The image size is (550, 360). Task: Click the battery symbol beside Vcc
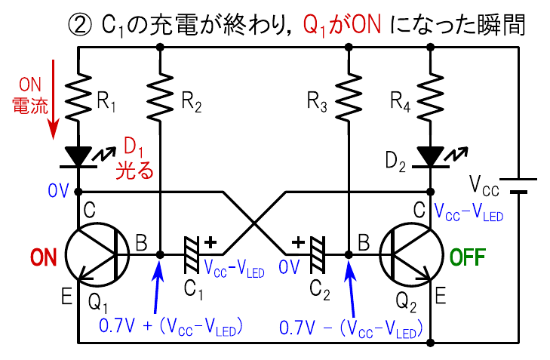coord(519,186)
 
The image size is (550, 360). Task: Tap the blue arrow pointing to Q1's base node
coord(154,286)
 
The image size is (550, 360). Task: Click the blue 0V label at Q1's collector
coord(57,189)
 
